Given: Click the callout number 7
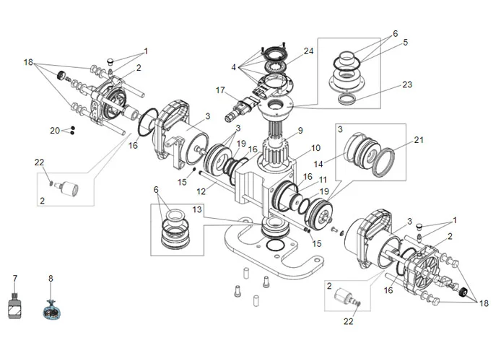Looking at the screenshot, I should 14,278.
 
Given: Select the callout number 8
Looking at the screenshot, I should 51,278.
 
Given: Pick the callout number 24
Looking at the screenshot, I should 309,51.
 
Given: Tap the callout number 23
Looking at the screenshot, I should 407,84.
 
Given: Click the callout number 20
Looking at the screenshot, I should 55,131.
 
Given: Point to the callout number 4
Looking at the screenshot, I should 233,67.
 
